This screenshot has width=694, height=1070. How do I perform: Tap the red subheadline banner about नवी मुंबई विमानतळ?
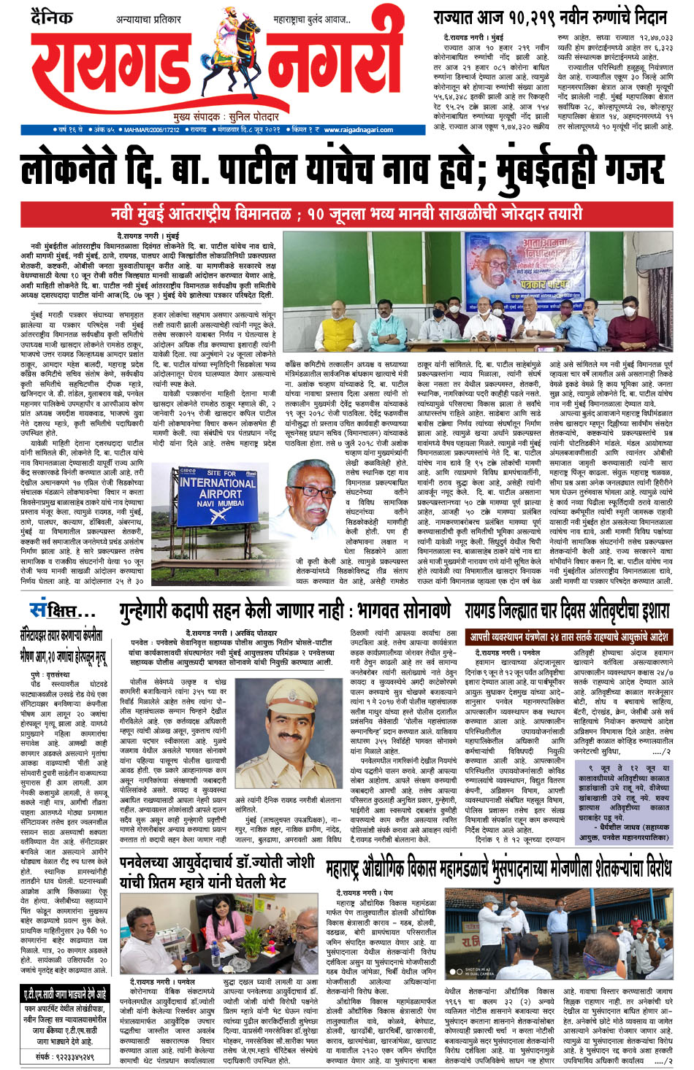347,214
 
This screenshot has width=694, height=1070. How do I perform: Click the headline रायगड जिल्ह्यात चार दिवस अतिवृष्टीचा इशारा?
566,610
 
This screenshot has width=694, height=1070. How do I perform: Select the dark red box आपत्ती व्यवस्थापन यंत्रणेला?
568,636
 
